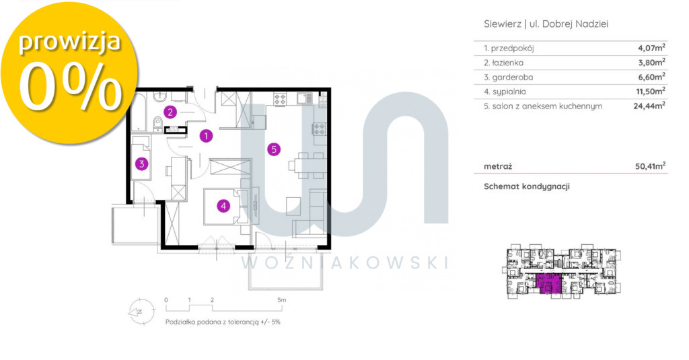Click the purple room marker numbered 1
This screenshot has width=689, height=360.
pos(206,136)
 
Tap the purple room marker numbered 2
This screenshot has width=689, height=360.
pos(170,112)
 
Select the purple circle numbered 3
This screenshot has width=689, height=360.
pos(141,164)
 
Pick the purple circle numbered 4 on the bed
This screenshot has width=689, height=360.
pos(223,205)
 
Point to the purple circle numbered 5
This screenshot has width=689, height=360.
pos(274,149)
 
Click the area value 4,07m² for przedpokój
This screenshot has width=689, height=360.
pos(651,48)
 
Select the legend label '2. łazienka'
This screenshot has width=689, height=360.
pos(503,63)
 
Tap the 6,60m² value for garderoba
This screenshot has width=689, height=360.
pos(651,77)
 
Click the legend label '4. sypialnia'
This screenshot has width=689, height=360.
pos(505,92)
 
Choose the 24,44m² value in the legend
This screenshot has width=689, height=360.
pos(649,106)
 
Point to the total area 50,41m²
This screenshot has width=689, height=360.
pos(651,166)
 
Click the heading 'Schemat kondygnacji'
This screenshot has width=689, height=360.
pos(527,186)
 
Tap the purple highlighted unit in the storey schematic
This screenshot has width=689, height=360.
pos(549,283)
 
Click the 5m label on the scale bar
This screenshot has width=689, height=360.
pos(282,300)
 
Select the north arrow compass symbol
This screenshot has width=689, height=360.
pos(141,312)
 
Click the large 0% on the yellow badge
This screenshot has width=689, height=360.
pos(70,86)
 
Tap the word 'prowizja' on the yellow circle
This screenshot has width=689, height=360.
pos(69,42)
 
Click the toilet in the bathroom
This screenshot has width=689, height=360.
pos(157,124)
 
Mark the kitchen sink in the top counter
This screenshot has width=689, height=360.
pos(304,99)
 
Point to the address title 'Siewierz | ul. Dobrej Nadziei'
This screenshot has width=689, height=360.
pos(546,24)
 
